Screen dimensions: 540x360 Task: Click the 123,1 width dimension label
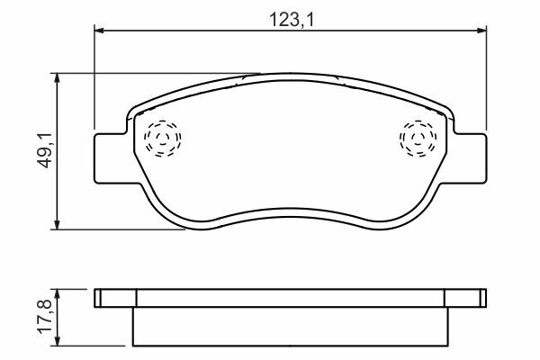292,20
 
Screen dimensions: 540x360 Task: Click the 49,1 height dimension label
45,150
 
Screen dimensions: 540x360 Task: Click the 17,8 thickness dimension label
45,317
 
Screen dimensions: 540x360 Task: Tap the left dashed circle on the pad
163,138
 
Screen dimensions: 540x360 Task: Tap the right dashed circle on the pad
418,139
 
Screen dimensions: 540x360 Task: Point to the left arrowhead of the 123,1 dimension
99,31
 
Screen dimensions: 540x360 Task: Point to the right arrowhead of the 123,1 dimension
481,31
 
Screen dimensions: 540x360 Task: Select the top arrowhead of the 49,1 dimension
58,78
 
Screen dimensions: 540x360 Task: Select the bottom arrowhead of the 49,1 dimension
58,225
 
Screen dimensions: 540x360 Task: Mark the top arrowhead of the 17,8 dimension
58,294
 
